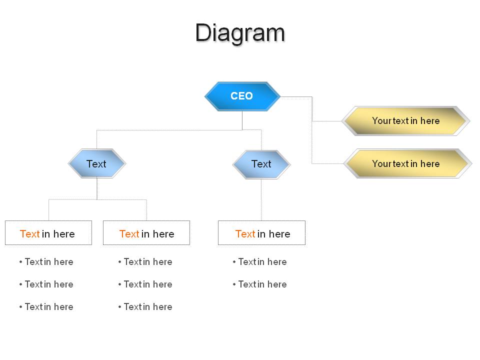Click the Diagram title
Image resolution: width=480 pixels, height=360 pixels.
240,33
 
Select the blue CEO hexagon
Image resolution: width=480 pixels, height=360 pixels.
242,96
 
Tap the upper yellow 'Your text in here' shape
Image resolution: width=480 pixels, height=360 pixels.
405,121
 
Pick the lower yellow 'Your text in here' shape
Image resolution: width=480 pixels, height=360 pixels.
407,163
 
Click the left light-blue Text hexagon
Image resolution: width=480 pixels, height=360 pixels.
96,163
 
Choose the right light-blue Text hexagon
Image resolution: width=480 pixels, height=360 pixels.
261,164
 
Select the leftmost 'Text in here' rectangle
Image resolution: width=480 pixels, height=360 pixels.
48,232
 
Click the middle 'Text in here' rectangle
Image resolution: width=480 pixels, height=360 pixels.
146,232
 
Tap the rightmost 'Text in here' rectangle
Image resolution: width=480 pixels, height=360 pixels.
261,232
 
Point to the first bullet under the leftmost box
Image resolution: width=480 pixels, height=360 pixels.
46,261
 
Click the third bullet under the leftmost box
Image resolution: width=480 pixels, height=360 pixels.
46,306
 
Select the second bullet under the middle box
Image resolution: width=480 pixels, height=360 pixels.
145,284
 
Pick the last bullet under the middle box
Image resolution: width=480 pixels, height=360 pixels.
145,306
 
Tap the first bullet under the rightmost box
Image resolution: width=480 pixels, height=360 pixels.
260,261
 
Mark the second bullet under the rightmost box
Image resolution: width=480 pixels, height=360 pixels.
260,284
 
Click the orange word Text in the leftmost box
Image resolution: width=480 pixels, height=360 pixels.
29,234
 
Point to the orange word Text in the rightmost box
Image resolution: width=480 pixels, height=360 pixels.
245,234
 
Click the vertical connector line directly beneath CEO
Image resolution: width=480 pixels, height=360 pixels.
242,120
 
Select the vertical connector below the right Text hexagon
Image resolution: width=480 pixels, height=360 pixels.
261,199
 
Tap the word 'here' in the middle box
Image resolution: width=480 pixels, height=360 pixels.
163,234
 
